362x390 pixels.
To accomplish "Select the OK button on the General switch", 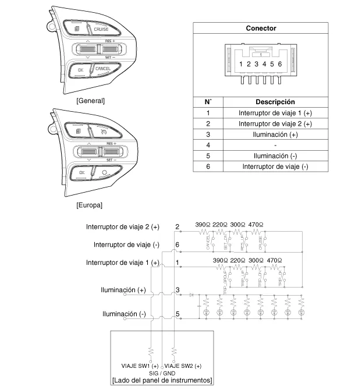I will click(80, 70).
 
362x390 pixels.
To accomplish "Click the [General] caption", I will click(90, 101).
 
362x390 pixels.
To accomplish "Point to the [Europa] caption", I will click(89, 205).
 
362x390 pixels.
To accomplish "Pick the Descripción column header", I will click(275, 102).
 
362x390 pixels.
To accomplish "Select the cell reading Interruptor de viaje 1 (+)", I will click(275, 113).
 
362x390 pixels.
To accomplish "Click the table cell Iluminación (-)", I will click(275, 156).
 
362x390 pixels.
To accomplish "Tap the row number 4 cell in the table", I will click(208, 145).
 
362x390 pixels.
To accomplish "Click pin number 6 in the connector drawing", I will click(281, 63).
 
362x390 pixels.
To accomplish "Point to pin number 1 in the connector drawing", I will click(240, 63).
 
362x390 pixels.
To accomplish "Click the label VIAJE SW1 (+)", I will click(135, 365).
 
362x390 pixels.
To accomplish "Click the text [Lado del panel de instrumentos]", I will click(161, 381).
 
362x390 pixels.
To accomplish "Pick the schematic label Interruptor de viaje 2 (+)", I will click(122, 227).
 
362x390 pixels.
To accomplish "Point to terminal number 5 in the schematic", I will click(177, 315).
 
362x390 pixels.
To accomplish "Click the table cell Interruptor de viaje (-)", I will click(275, 166).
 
